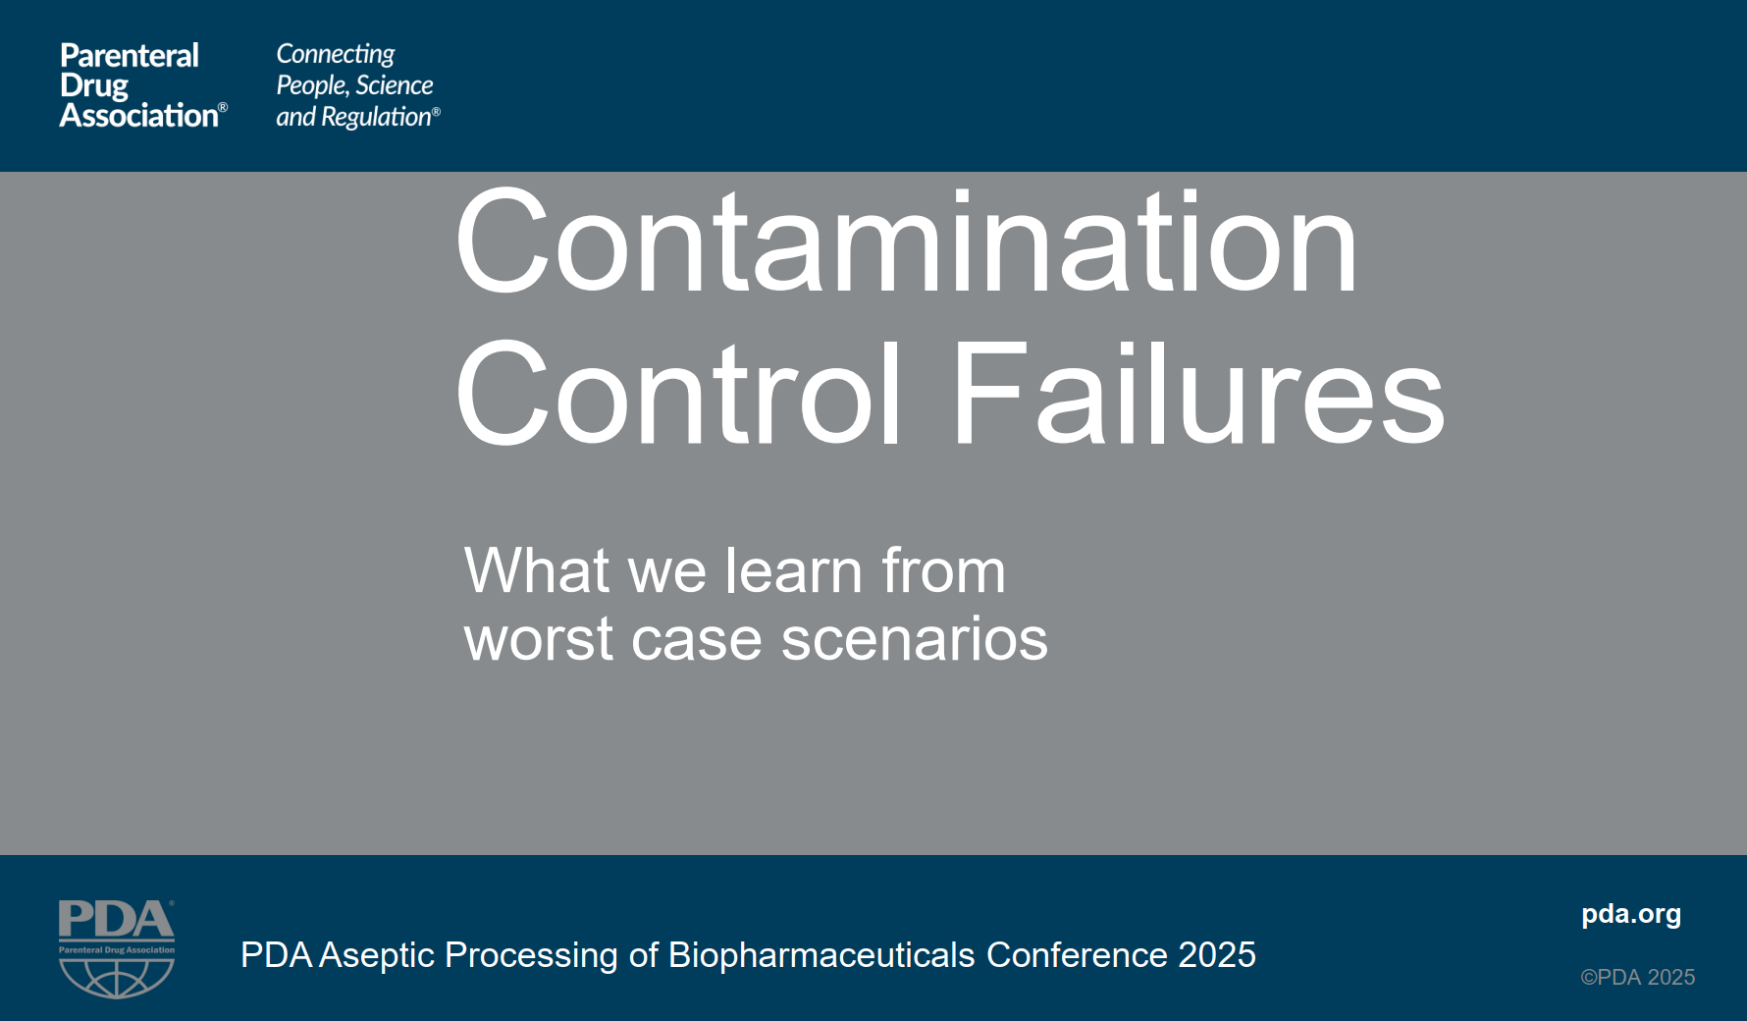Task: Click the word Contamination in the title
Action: click(905, 243)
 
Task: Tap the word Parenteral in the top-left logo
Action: click(129, 56)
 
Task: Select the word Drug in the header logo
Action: click(93, 86)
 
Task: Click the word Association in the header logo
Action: click(138, 116)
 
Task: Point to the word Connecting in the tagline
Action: click(335, 54)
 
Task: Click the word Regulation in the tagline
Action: click(376, 118)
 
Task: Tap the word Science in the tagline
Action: click(394, 85)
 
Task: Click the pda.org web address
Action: click(1630, 914)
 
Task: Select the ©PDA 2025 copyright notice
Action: click(1637, 977)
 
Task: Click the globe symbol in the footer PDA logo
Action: click(117, 977)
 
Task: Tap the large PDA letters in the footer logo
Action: click(116, 921)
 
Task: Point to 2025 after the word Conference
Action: click(1217, 955)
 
